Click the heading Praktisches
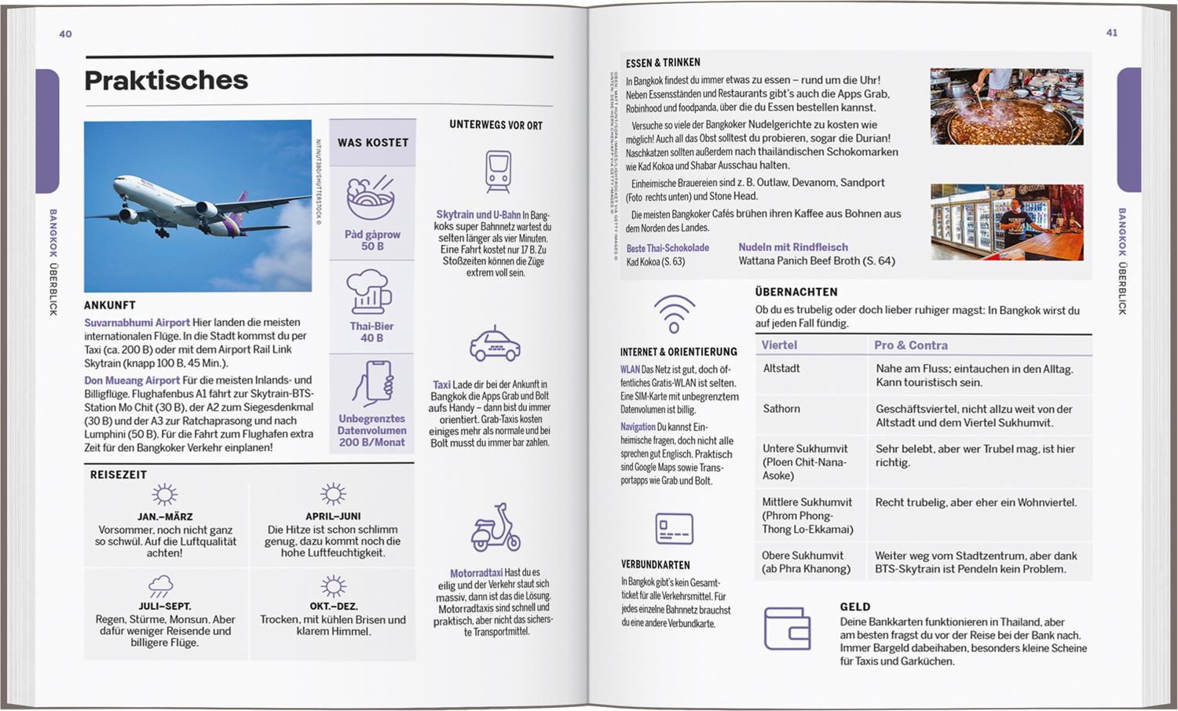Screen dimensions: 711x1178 click(166, 80)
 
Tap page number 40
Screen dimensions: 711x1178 click(65, 34)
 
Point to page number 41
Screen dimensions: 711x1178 click(1111, 33)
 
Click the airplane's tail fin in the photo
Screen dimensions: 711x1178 click(239, 203)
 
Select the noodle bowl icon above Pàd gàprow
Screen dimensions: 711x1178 click(371, 199)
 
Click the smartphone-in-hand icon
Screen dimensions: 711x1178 click(373, 383)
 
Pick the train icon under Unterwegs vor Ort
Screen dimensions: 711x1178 click(498, 171)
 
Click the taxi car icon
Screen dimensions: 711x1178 click(495, 344)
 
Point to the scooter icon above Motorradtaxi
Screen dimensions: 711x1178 click(496, 527)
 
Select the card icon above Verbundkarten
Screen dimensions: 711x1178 click(675, 528)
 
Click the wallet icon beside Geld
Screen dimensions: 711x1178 click(787, 628)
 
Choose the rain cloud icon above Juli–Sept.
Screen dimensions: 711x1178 click(161, 585)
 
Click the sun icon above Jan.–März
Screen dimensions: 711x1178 click(164, 494)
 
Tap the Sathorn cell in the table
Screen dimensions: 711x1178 click(781, 409)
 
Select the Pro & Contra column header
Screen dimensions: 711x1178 click(911, 345)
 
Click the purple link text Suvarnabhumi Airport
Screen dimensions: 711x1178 click(137, 323)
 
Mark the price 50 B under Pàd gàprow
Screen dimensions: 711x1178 click(372, 246)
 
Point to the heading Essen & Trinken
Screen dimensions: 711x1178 click(663, 63)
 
